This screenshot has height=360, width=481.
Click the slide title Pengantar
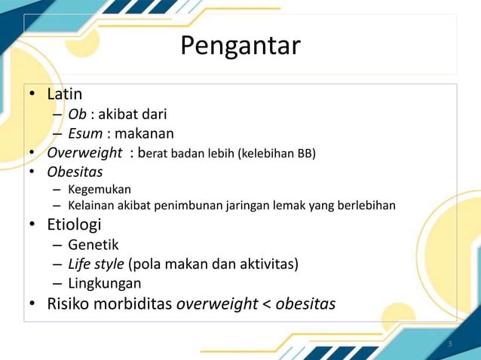pos(240,47)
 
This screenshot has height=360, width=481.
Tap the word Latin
pos(65,95)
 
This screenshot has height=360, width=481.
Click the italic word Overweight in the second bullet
pos(85,154)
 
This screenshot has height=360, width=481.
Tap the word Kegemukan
pos(100,188)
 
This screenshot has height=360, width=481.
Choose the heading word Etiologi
pos(74,225)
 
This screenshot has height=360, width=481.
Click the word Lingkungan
pos(104,284)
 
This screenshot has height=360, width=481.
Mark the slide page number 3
pos(449,345)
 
